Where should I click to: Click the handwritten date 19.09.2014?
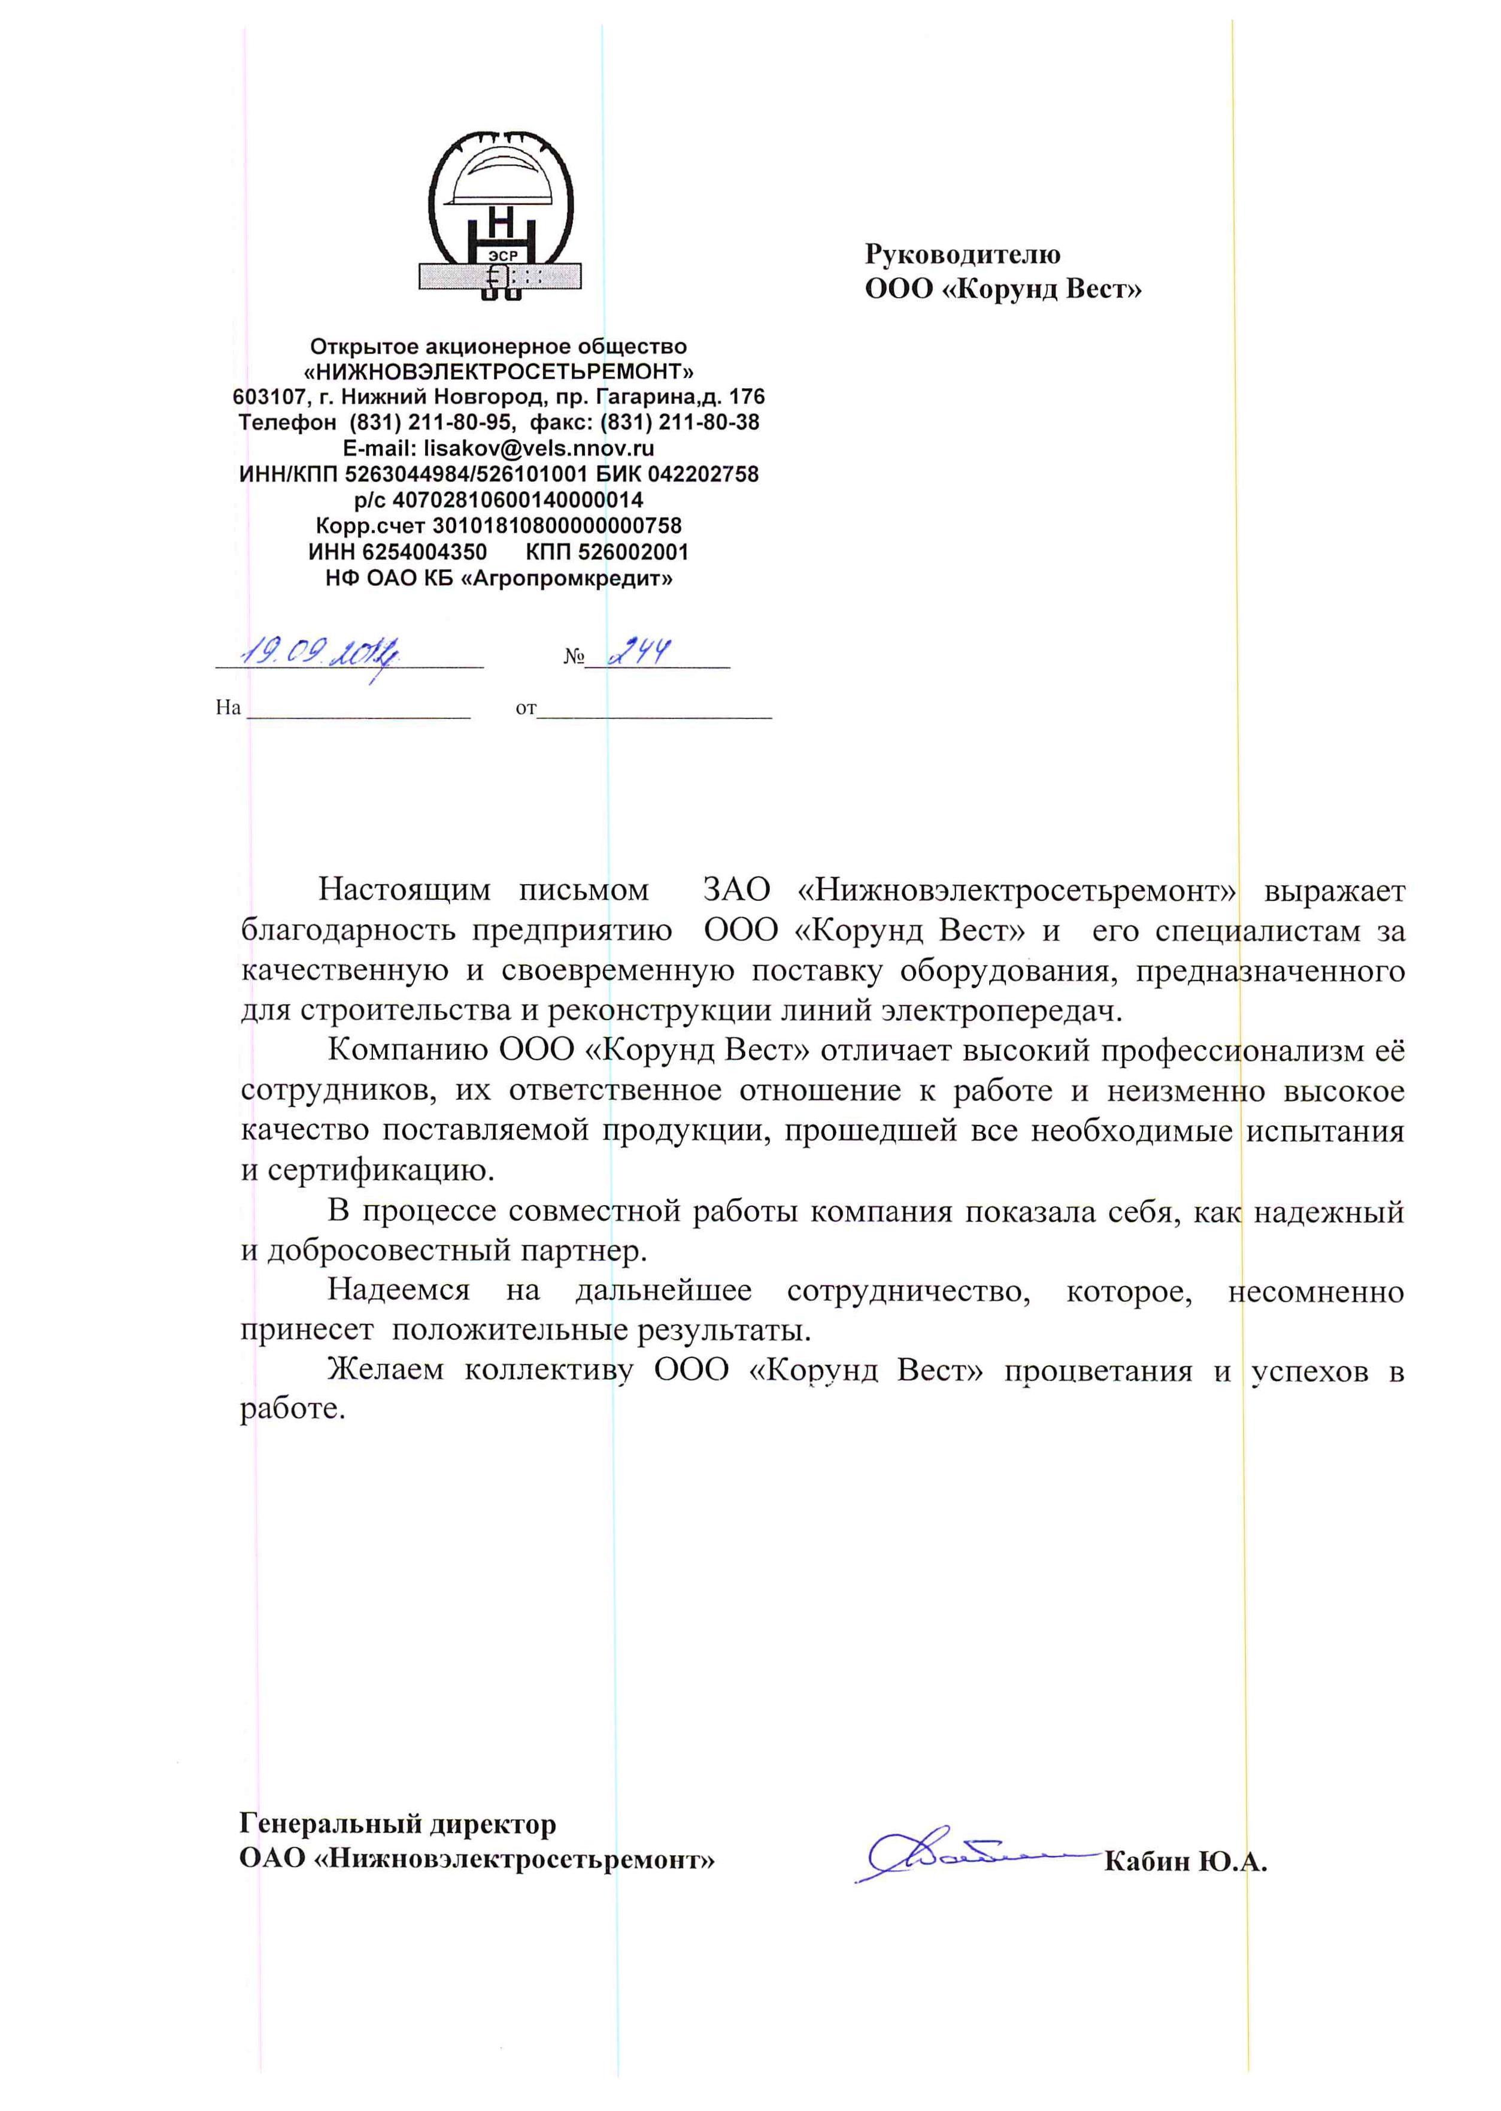319,655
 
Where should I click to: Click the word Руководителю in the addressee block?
962,253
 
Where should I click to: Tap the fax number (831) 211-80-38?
680,422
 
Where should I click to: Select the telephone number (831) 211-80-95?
430,422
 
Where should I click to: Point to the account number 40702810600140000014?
517,500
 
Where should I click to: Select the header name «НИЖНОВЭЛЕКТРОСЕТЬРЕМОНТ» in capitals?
499,372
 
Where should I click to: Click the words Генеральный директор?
398,1824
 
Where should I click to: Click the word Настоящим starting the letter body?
404,890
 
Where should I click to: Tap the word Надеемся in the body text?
398,1290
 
